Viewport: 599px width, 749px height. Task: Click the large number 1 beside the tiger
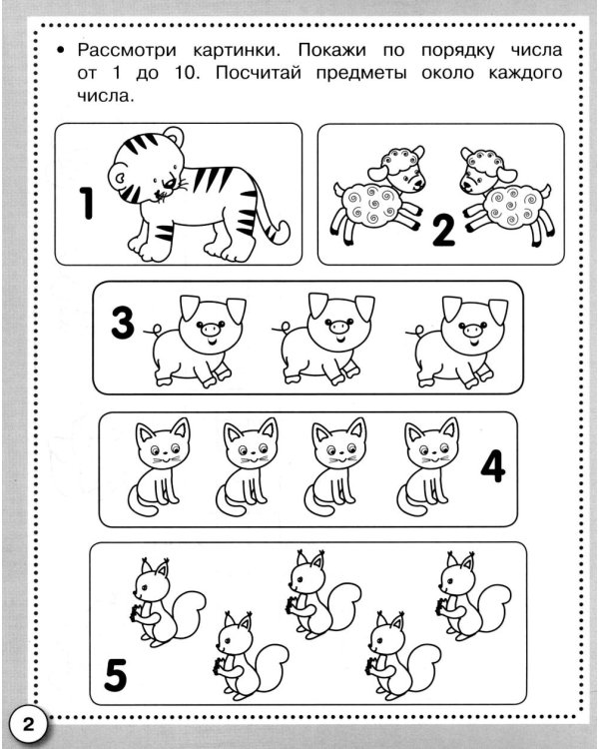(87, 203)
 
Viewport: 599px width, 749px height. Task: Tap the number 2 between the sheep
(443, 231)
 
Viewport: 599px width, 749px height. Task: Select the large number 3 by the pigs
(122, 323)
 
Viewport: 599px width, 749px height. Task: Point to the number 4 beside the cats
(493, 466)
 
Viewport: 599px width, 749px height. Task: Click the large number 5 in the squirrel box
(116, 674)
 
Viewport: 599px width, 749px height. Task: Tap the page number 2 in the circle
(29, 725)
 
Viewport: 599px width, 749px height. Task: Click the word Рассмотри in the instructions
(127, 50)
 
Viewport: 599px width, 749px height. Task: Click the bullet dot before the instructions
(60, 50)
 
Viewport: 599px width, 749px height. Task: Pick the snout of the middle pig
(339, 328)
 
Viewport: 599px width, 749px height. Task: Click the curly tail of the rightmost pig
(418, 331)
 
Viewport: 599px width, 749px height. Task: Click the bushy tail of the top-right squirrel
(494, 606)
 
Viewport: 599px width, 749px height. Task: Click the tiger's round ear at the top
(174, 135)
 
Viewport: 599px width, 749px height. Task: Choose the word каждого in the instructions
(525, 74)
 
